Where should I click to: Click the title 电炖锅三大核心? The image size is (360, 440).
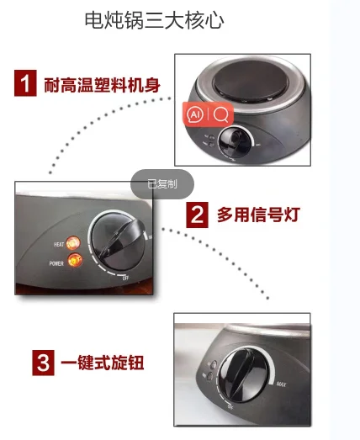(x=154, y=21)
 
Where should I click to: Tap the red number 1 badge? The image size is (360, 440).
(x=26, y=84)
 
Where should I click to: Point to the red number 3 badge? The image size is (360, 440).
(x=43, y=363)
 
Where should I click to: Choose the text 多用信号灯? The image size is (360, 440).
(x=258, y=215)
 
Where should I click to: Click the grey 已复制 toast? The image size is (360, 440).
(x=162, y=183)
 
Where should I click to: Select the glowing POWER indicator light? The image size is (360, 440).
(x=77, y=262)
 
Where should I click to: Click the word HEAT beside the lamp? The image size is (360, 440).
(x=59, y=244)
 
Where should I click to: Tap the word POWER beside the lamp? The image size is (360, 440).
(x=56, y=262)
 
